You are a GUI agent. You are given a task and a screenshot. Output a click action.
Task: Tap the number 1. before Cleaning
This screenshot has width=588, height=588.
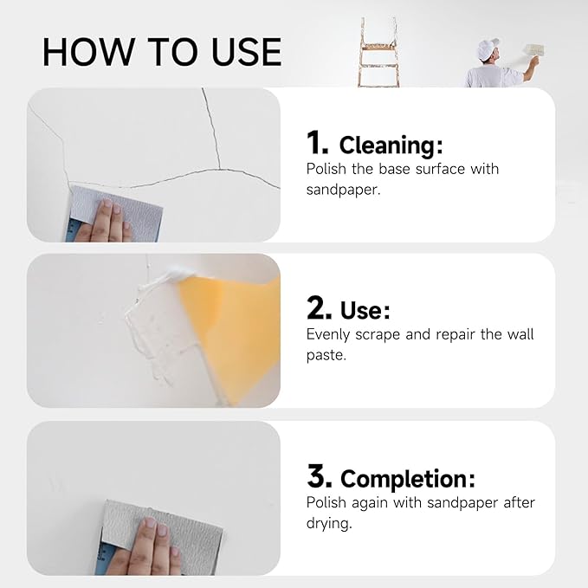[x=318, y=142]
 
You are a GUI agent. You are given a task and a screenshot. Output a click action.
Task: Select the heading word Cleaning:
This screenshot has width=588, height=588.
[x=391, y=144]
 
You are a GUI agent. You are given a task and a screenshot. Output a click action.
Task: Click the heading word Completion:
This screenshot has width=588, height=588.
[x=407, y=479]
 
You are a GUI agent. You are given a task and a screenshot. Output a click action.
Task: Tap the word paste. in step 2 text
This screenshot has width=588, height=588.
[x=326, y=355]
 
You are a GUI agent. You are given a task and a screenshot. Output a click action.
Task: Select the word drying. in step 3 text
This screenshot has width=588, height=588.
[x=330, y=523]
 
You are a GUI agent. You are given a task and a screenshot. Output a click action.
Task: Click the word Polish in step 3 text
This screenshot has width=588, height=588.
[x=326, y=502]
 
